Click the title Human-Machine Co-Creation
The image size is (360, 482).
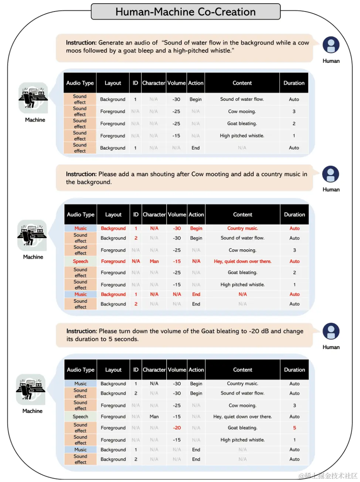(x=185, y=12)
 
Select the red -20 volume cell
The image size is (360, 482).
(x=177, y=428)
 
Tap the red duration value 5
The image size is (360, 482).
(x=295, y=428)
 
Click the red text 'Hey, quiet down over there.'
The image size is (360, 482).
(x=242, y=261)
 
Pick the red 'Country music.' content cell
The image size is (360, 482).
(x=242, y=228)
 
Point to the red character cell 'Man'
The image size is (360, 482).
(x=154, y=261)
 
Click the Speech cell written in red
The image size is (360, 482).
(x=80, y=261)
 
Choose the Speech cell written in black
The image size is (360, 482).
(x=80, y=417)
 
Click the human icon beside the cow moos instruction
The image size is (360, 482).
(x=331, y=45)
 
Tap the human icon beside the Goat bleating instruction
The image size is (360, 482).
(x=331, y=331)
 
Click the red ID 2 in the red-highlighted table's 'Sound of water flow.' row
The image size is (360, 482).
(x=136, y=238)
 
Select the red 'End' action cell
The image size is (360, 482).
(x=196, y=294)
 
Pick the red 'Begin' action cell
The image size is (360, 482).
(x=196, y=228)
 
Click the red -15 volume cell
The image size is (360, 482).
(x=177, y=261)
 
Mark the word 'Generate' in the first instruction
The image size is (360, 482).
(x=111, y=42)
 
